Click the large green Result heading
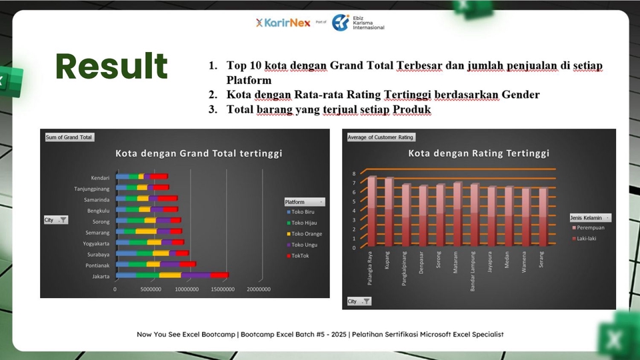pos(111,67)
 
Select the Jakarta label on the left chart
pos(101,275)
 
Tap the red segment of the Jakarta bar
pos(219,275)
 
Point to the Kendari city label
pos(100,178)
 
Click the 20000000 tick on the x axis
pos(258,290)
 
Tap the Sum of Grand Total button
pos(69,137)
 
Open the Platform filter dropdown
pos(322,201)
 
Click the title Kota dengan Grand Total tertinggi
pos(199,153)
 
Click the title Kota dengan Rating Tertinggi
pos(479,153)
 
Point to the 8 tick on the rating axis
pos(355,173)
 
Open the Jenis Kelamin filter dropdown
pos(607,217)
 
